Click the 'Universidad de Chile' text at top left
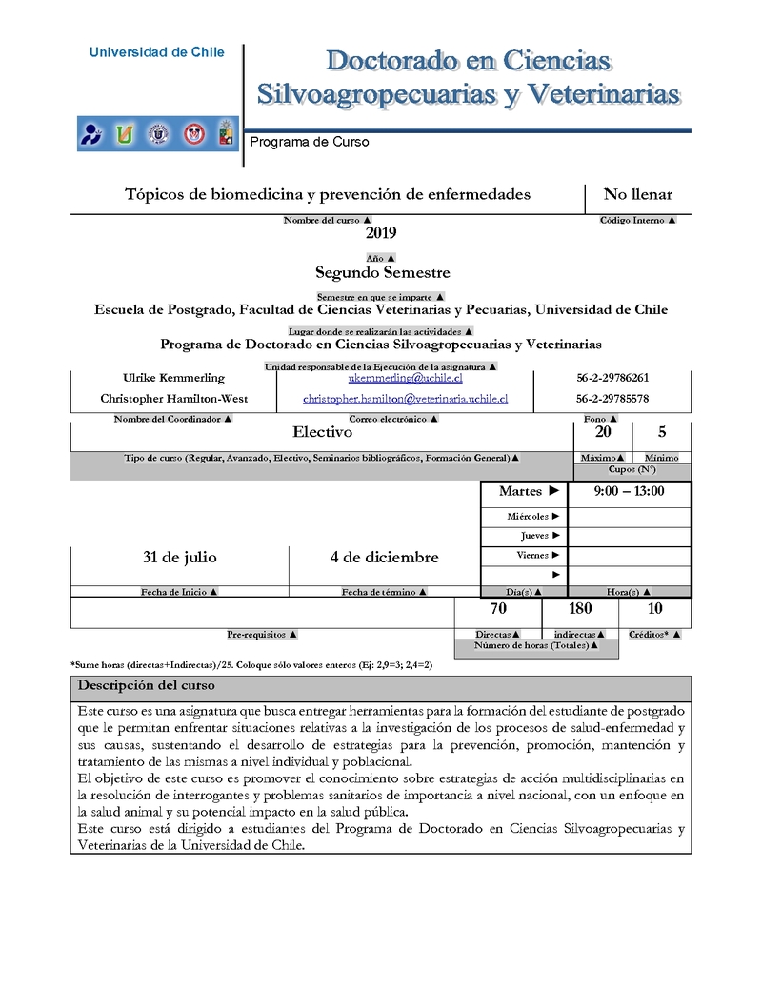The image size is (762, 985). tap(157, 52)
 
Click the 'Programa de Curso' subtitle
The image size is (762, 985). tap(309, 142)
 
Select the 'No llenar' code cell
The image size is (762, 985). tap(637, 195)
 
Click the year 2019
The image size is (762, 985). tap(380, 233)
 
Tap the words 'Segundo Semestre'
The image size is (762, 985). tap(383, 272)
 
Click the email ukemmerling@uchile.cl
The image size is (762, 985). tap(405, 378)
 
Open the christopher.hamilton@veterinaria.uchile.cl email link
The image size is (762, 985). tap(405, 399)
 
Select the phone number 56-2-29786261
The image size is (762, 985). tap(612, 378)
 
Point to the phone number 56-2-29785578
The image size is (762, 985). tap(612, 399)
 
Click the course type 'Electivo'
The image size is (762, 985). tap(322, 432)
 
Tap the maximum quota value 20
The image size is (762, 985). tap(604, 432)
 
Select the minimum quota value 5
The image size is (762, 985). tap(662, 432)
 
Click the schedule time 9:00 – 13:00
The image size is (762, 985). tap(629, 492)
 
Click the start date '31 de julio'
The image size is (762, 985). tap(179, 557)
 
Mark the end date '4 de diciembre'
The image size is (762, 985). tap(384, 557)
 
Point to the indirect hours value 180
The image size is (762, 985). tap(579, 609)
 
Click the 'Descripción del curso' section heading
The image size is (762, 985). tap(146, 685)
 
